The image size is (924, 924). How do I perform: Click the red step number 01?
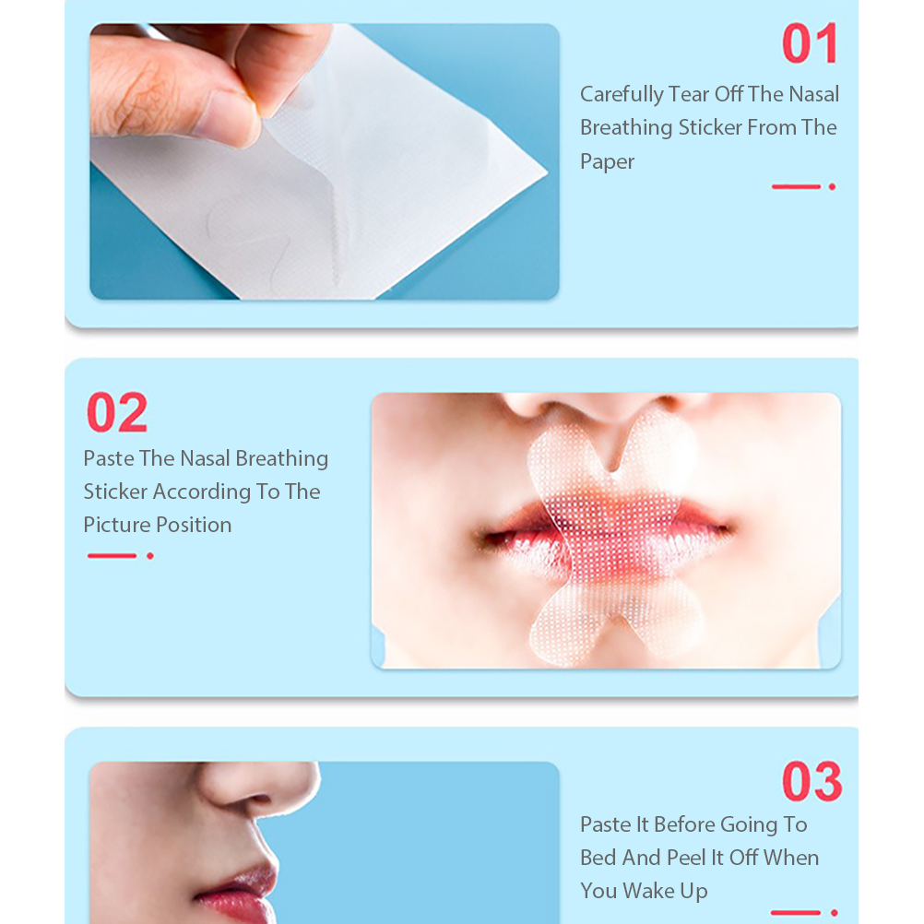click(x=811, y=43)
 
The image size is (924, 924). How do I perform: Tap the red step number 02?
click(x=117, y=412)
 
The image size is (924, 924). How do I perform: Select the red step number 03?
click(x=812, y=781)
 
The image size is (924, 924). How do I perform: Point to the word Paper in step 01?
click(x=607, y=162)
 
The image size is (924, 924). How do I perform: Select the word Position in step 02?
click(x=194, y=525)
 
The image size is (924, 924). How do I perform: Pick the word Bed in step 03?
click(x=598, y=858)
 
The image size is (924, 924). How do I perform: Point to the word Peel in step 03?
click(x=686, y=858)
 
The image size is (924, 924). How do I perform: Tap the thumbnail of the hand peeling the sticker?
click(x=324, y=161)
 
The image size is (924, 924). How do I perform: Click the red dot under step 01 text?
click(x=832, y=187)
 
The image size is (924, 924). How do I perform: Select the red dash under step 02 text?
click(x=112, y=556)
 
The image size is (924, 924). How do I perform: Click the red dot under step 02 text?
click(x=150, y=556)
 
